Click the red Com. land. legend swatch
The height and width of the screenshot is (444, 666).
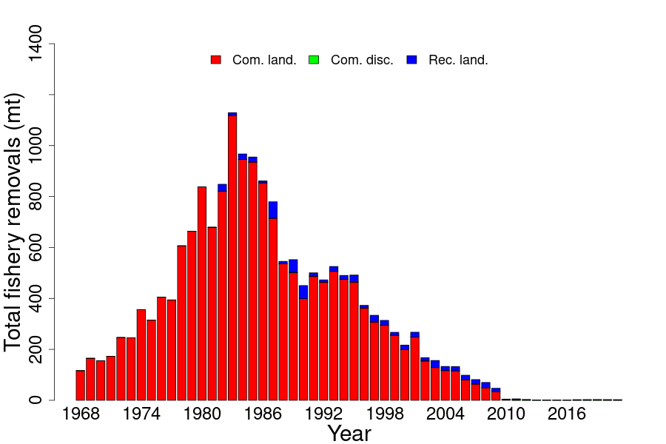click(x=216, y=60)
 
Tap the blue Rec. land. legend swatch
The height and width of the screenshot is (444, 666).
click(x=412, y=60)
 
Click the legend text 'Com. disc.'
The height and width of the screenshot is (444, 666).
click(x=362, y=60)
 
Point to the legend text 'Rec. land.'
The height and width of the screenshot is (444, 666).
click(x=458, y=60)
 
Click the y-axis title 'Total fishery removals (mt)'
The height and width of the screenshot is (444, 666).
click(x=14, y=222)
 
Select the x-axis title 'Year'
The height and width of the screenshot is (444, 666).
click(x=349, y=434)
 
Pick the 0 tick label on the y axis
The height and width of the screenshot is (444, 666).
click(x=35, y=400)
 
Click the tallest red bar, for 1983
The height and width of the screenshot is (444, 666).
click(x=232, y=259)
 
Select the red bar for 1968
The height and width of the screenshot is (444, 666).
click(x=81, y=386)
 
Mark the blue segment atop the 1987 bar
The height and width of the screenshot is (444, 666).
click(x=273, y=210)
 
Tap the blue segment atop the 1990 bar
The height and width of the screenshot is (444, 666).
click(x=303, y=292)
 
